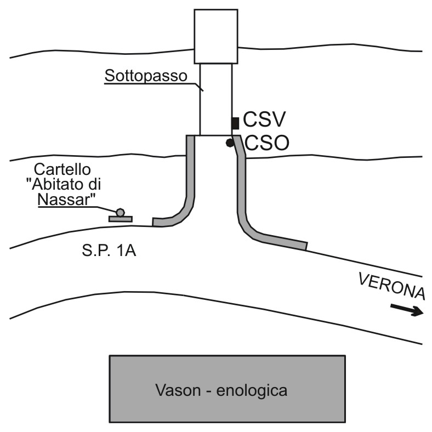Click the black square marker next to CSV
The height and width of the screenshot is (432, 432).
pos(235,123)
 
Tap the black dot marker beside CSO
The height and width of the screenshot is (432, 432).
pos(230,143)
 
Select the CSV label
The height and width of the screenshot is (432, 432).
pos(264,120)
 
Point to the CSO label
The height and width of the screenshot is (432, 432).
pos(266,143)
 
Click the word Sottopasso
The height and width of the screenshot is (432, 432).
pos(146,76)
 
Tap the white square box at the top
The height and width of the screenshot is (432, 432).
pos(216,36)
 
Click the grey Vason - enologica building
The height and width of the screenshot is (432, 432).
pos(228,389)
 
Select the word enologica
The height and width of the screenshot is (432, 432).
pos(252,391)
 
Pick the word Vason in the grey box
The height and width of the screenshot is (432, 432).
pos(178,390)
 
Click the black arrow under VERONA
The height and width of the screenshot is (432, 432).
pos(407,310)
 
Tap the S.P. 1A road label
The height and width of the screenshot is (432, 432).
pos(109,251)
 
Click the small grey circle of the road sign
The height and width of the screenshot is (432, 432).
pos(120,212)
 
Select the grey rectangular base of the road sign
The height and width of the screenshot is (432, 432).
pos(121,219)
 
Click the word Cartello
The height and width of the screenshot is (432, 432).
pos(62,169)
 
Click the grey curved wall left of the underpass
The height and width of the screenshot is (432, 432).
pos(190,193)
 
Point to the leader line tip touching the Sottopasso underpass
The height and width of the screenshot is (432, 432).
pos(203,91)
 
